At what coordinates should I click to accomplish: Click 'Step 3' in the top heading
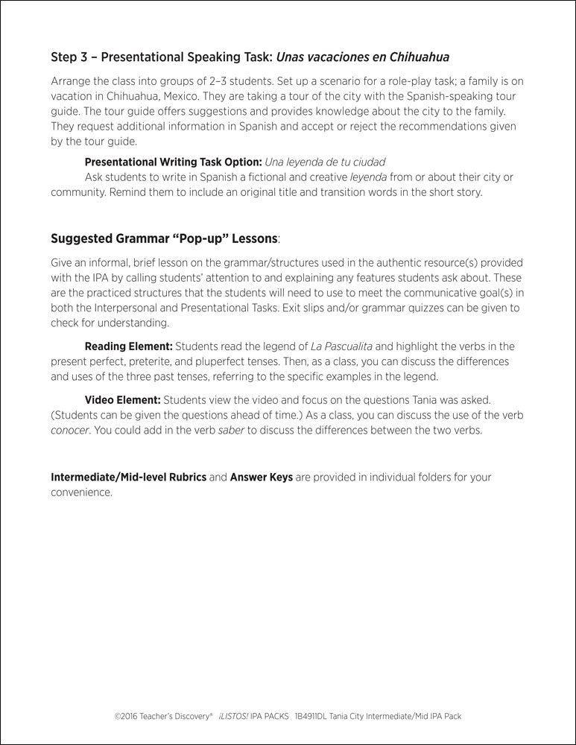(69, 57)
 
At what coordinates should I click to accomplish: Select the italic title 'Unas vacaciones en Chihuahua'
(363, 57)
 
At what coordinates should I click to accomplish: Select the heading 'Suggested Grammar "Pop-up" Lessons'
(164, 239)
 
